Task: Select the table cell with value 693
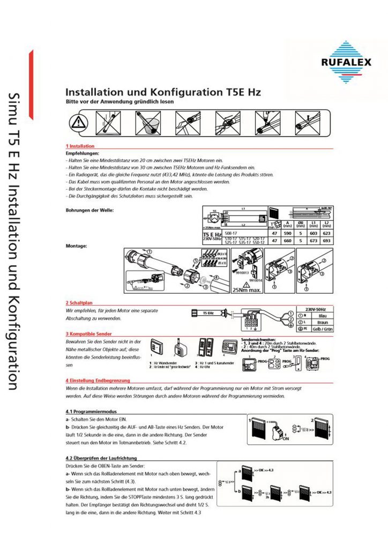coord(328,241)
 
